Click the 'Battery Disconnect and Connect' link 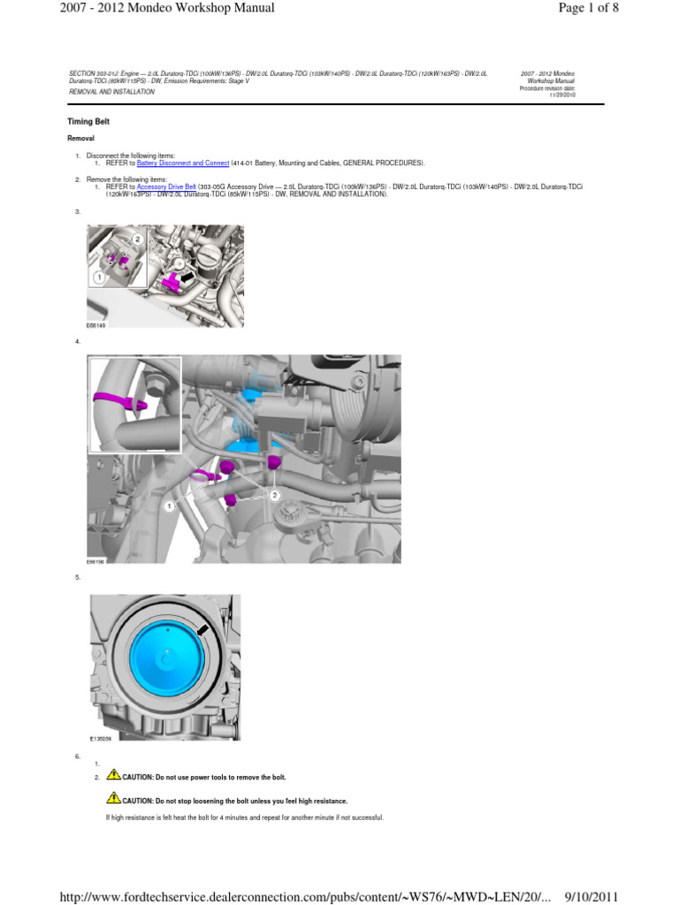point(183,163)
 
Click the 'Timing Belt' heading point(88,121)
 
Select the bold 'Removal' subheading point(81,139)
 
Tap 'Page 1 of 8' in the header point(625,9)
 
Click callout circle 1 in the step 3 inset point(99,277)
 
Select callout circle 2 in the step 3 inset point(138,239)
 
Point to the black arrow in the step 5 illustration point(203,628)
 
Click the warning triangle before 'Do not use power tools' point(113,774)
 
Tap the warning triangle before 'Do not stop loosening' point(113,797)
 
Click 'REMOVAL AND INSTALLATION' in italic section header point(111,91)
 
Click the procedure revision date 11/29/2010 point(561,95)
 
